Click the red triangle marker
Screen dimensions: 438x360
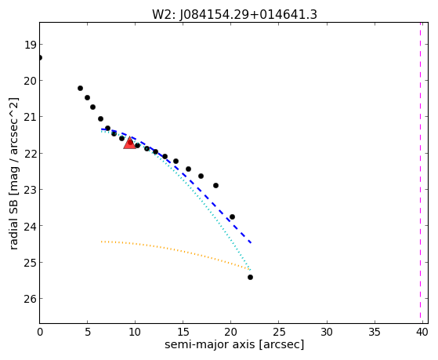(x=129, y=143)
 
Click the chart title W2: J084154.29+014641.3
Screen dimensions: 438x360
(x=234, y=15)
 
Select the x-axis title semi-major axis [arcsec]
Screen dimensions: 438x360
(x=234, y=344)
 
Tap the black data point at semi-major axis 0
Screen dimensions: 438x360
(x=40, y=57)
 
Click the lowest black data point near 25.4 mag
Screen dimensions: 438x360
(x=250, y=277)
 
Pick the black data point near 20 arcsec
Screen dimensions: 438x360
(x=232, y=216)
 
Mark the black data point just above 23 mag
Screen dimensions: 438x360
(x=215, y=185)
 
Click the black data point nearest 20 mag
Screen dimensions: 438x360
(x=80, y=88)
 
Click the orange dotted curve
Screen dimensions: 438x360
(x=176, y=249)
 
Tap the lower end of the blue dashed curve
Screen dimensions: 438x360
(x=251, y=242)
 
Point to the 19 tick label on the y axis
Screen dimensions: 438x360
(x=31, y=45)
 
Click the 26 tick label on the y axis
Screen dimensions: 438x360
(x=31, y=299)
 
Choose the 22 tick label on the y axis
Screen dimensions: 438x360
(x=31, y=154)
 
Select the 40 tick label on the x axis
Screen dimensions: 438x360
(x=422, y=332)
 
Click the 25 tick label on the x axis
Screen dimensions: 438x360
(x=278, y=332)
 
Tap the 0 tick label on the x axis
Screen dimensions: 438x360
(x=40, y=332)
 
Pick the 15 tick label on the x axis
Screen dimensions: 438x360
(x=183, y=332)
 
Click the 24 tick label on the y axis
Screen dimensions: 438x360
(x=31, y=226)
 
